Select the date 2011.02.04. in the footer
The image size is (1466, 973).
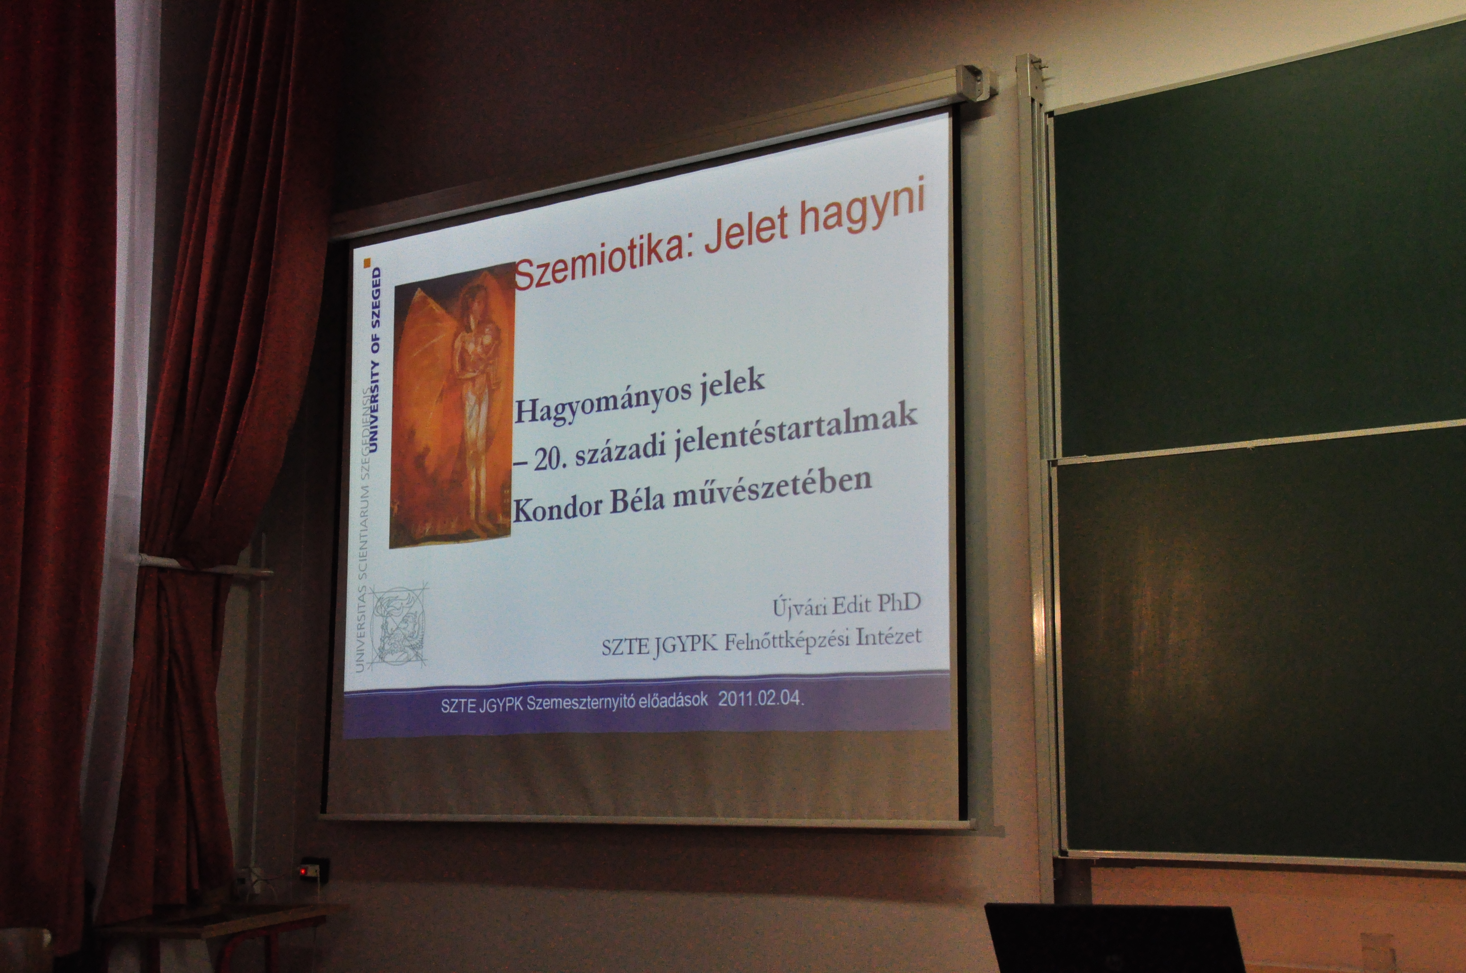[x=761, y=700]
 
